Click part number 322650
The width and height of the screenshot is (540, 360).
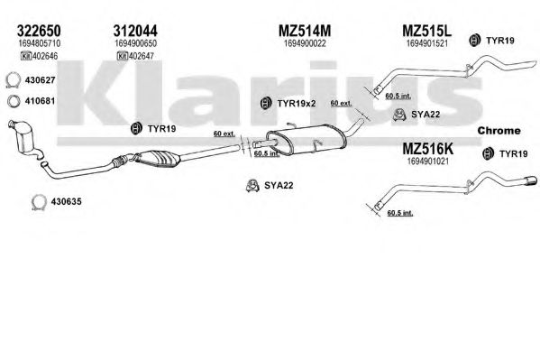point(39,31)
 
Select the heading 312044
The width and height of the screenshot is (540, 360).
point(135,31)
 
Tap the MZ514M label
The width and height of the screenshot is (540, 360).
point(305,31)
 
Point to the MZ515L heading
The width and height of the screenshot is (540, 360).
point(426,31)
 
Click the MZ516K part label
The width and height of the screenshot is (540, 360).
point(428,149)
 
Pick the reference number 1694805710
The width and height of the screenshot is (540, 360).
point(40,43)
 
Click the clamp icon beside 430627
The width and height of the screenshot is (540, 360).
point(14,80)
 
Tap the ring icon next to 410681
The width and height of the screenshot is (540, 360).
point(14,101)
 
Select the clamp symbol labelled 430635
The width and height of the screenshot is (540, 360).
point(39,202)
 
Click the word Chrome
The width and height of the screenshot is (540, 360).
point(499,131)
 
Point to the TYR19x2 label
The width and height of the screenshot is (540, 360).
point(297,103)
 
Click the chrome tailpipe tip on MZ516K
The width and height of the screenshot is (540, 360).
point(530,180)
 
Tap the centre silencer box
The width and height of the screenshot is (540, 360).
point(306,140)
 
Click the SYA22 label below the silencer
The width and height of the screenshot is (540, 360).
point(279,186)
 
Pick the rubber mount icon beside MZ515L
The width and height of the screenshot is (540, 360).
point(474,41)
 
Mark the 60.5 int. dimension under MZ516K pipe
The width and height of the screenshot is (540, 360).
point(400,213)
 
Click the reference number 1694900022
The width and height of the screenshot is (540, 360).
point(305,43)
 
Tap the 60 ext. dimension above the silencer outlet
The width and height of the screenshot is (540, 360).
point(341,103)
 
